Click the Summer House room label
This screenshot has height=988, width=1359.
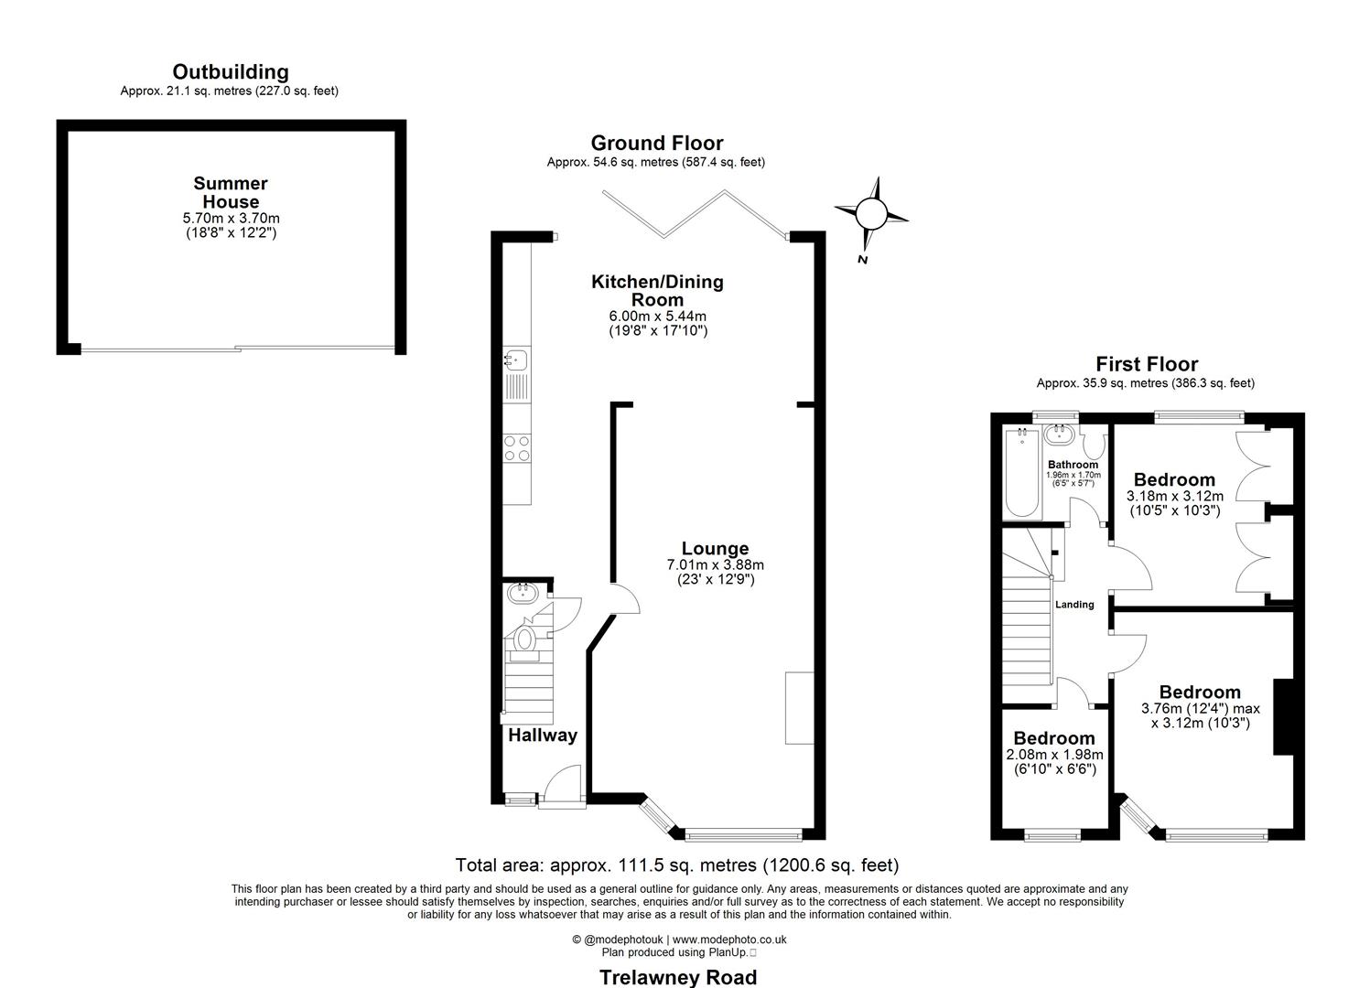click(231, 193)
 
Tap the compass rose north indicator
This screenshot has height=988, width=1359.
click(871, 216)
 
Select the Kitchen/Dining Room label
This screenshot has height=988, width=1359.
click(657, 291)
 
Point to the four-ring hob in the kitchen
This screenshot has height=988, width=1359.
click(517, 448)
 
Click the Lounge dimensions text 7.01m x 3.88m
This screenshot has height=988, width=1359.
click(715, 565)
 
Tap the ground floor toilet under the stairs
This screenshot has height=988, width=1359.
click(524, 639)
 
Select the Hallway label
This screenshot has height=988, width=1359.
click(543, 736)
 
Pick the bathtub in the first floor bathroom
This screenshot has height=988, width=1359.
click(1020, 474)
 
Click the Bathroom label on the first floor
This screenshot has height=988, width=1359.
click(1073, 465)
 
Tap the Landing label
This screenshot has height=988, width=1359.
click(1074, 605)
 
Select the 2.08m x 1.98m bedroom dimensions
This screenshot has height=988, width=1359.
click(1054, 755)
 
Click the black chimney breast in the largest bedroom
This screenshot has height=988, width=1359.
click(1283, 716)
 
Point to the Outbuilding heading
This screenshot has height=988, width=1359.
click(231, 71)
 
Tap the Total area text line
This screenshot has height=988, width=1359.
click(677, 865)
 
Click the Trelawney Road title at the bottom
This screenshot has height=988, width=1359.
click(678, 977)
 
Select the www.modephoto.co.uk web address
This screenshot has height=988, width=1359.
click(729, 940)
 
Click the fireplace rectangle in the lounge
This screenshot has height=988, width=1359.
click(799, 707)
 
